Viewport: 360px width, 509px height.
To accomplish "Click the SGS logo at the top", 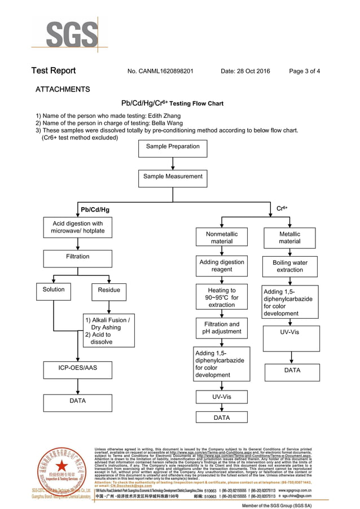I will click(x=68, y=35).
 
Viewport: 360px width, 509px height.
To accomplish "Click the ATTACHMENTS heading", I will click(x=63, y=89).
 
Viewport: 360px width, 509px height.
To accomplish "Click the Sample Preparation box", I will click(x=173, y=148).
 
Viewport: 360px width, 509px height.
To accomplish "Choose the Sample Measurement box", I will click(x=173, y=178).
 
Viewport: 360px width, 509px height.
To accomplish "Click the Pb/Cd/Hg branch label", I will click(x=95, y=210).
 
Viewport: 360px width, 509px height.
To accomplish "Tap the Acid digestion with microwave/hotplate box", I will click(x=77, y=228).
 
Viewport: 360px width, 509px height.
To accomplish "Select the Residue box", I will click(x=109, y=291).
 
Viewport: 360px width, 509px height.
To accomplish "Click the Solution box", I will click(x=54, y=291).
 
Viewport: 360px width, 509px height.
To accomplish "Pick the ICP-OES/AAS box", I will click(x=77, y=370).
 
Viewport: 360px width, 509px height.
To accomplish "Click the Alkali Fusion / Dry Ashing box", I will click(x=109, y=331).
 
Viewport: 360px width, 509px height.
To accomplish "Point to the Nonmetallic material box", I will click(x=222, y=238).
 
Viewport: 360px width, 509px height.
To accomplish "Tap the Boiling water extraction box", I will click(x=289, y=266).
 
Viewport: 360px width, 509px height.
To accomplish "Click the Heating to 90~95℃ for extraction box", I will click(x=222, y=297).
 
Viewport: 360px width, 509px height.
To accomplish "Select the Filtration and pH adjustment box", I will click(x=222, y=329).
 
